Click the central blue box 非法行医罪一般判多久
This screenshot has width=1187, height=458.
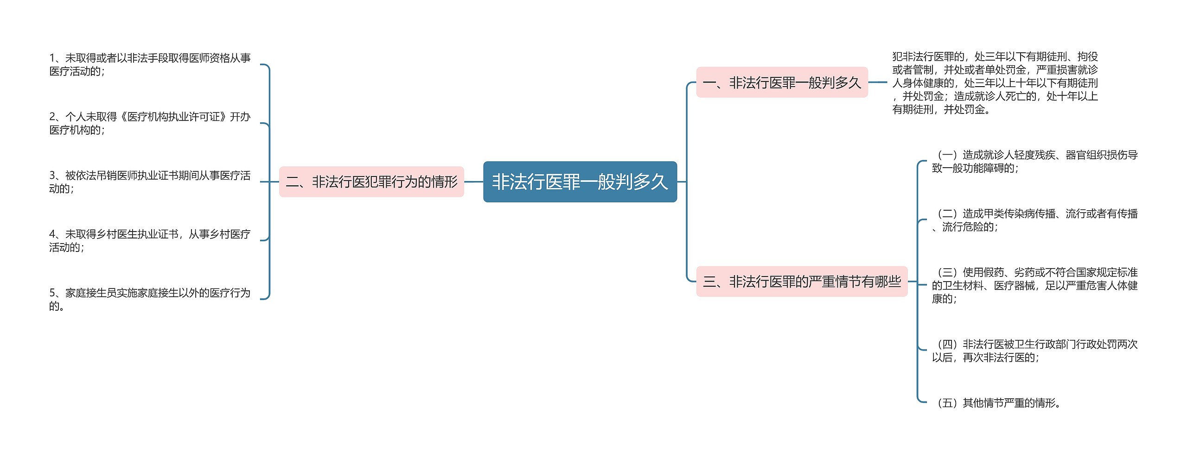(580, 182)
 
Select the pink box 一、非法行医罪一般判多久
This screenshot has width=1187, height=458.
(782, 82)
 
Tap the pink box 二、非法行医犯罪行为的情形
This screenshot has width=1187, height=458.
(371, 182)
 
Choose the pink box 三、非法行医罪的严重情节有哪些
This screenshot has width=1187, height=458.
(802, 281)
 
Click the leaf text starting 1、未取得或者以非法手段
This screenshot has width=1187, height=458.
(150, 64)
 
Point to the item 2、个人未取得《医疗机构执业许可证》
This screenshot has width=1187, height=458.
(150, 123)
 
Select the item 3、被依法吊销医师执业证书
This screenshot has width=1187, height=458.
(150, 182)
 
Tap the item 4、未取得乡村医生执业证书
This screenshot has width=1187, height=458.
(150, 240)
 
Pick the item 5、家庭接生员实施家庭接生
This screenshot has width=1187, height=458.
(150, 299)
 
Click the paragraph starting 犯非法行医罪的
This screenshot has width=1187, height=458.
(995, 83)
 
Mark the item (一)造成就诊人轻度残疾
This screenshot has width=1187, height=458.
(1034, 161)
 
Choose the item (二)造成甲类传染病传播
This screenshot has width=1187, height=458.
(1034, 220)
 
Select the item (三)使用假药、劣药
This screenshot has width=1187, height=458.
(1034, 285)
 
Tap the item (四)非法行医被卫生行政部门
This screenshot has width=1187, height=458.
(1034, 351)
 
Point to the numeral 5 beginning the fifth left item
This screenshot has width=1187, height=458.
(52, 293)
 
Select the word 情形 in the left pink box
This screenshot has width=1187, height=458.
(444, 182)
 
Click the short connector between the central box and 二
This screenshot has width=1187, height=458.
(473, 182)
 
